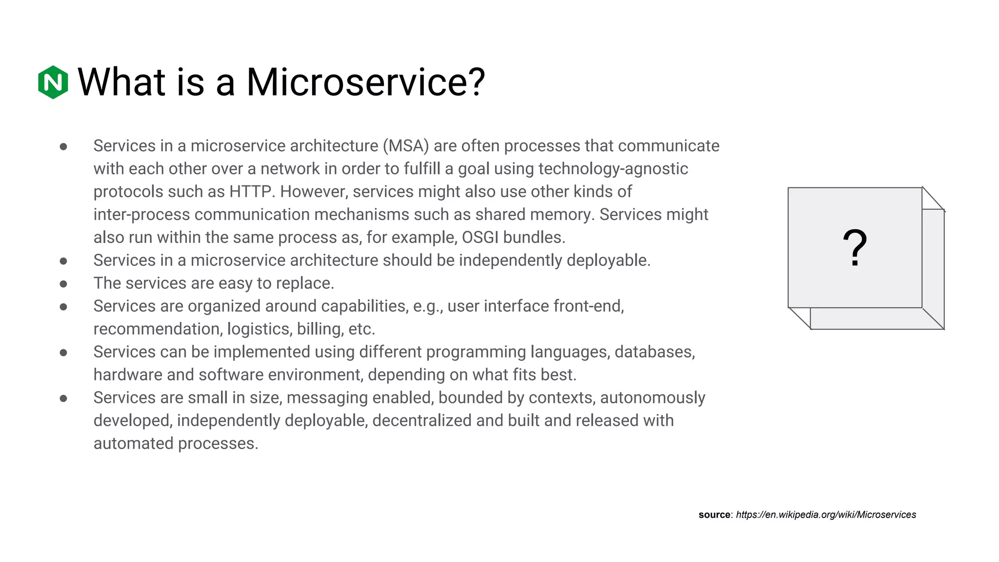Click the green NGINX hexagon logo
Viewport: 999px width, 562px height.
tap(53, 82)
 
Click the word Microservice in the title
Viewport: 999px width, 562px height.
tap(365, 82)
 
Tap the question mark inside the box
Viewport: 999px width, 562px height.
tap(855, 248)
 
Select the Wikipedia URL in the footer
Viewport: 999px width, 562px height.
tap(826, 515)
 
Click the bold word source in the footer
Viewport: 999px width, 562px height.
tap(714, 515)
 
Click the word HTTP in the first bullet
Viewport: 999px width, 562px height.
tap(250, 192)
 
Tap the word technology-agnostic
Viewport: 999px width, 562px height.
tap(613, 169)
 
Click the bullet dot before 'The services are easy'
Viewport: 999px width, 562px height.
tap(63, 284)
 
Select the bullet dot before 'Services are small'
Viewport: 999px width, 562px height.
tap(63, 399)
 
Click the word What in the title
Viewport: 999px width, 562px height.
tap(121, 82)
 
